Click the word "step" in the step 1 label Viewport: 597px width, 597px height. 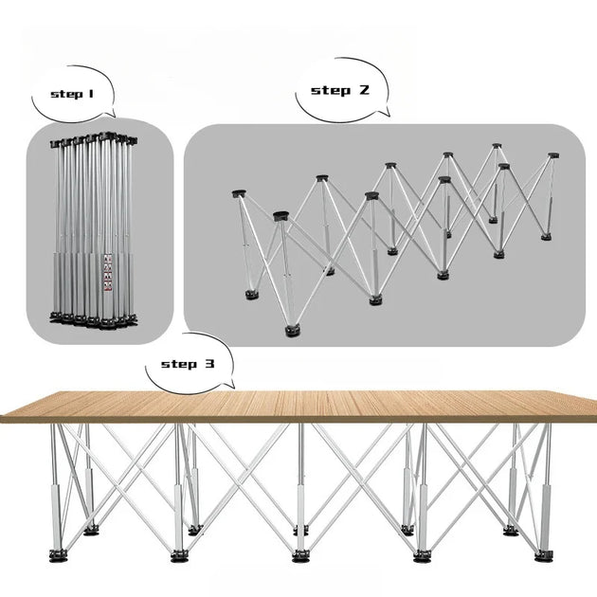pyautogui.click(x=66, y=94)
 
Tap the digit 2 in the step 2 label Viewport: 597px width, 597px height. pyautogui.click(x=364, y=90)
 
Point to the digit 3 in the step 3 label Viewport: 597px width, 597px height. pyautogui.click(x=209, y=364)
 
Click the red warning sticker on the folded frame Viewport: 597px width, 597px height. pyautogui.click(x=108, y=273)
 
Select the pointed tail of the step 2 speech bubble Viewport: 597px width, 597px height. pyautogui.click(x=389, y=115)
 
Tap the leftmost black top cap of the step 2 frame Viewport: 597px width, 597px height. pyautogui.click(x=239, y=194)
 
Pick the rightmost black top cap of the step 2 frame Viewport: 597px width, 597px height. pyautogui.click(x=553, y=155)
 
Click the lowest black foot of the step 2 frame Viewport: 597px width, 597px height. pyautogui.click(x=293, y=331)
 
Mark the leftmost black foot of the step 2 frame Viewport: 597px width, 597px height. pyautogui.click(x=251, y=295)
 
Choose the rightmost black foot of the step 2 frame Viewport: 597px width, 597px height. pyautogui.click(x=547, y=237)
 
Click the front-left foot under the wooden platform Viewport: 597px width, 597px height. pyautogui.click(x=58, y=556)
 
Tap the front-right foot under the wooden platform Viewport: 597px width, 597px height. pyautogui.click(x=544, y=556)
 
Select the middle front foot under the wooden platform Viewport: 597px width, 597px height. pyautogui.click(x=300, y=556)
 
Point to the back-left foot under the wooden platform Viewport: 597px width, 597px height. pyautogui.click(x=91, y=529)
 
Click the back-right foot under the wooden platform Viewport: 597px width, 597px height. pyautogui.click(x=511, y=530)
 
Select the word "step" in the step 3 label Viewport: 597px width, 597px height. pyautogui.click(x=179, y=364)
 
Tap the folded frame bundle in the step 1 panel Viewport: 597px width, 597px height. pyautogui.click(x=94, y=230)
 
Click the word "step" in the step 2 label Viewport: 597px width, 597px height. pyautogui.click(x=331, y=91)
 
